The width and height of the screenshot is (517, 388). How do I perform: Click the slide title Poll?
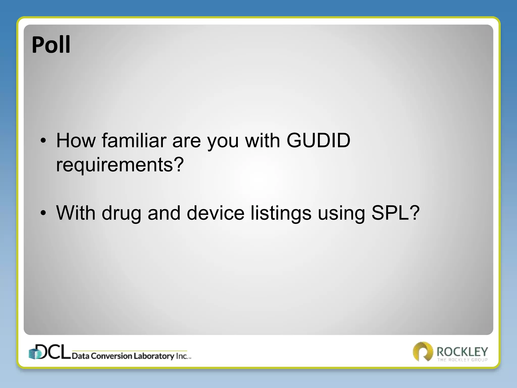[x=51, y=45]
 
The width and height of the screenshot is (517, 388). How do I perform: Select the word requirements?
[x=120, y=165]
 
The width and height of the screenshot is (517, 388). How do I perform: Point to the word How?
[x=76, y=140]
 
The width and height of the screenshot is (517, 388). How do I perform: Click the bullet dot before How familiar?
[x=43, y=141]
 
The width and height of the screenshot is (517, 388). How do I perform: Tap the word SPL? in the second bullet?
[x=395, y=213]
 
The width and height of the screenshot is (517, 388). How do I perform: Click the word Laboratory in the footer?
[x=154, y=356]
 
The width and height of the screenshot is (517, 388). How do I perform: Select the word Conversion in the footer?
[x=111, y=356]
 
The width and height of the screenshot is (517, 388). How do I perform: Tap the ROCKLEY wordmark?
[x=462, y=351]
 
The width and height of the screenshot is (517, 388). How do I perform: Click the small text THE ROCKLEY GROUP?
[x=462, y=360]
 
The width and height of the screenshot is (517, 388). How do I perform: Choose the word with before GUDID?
[x=263, y=140]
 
